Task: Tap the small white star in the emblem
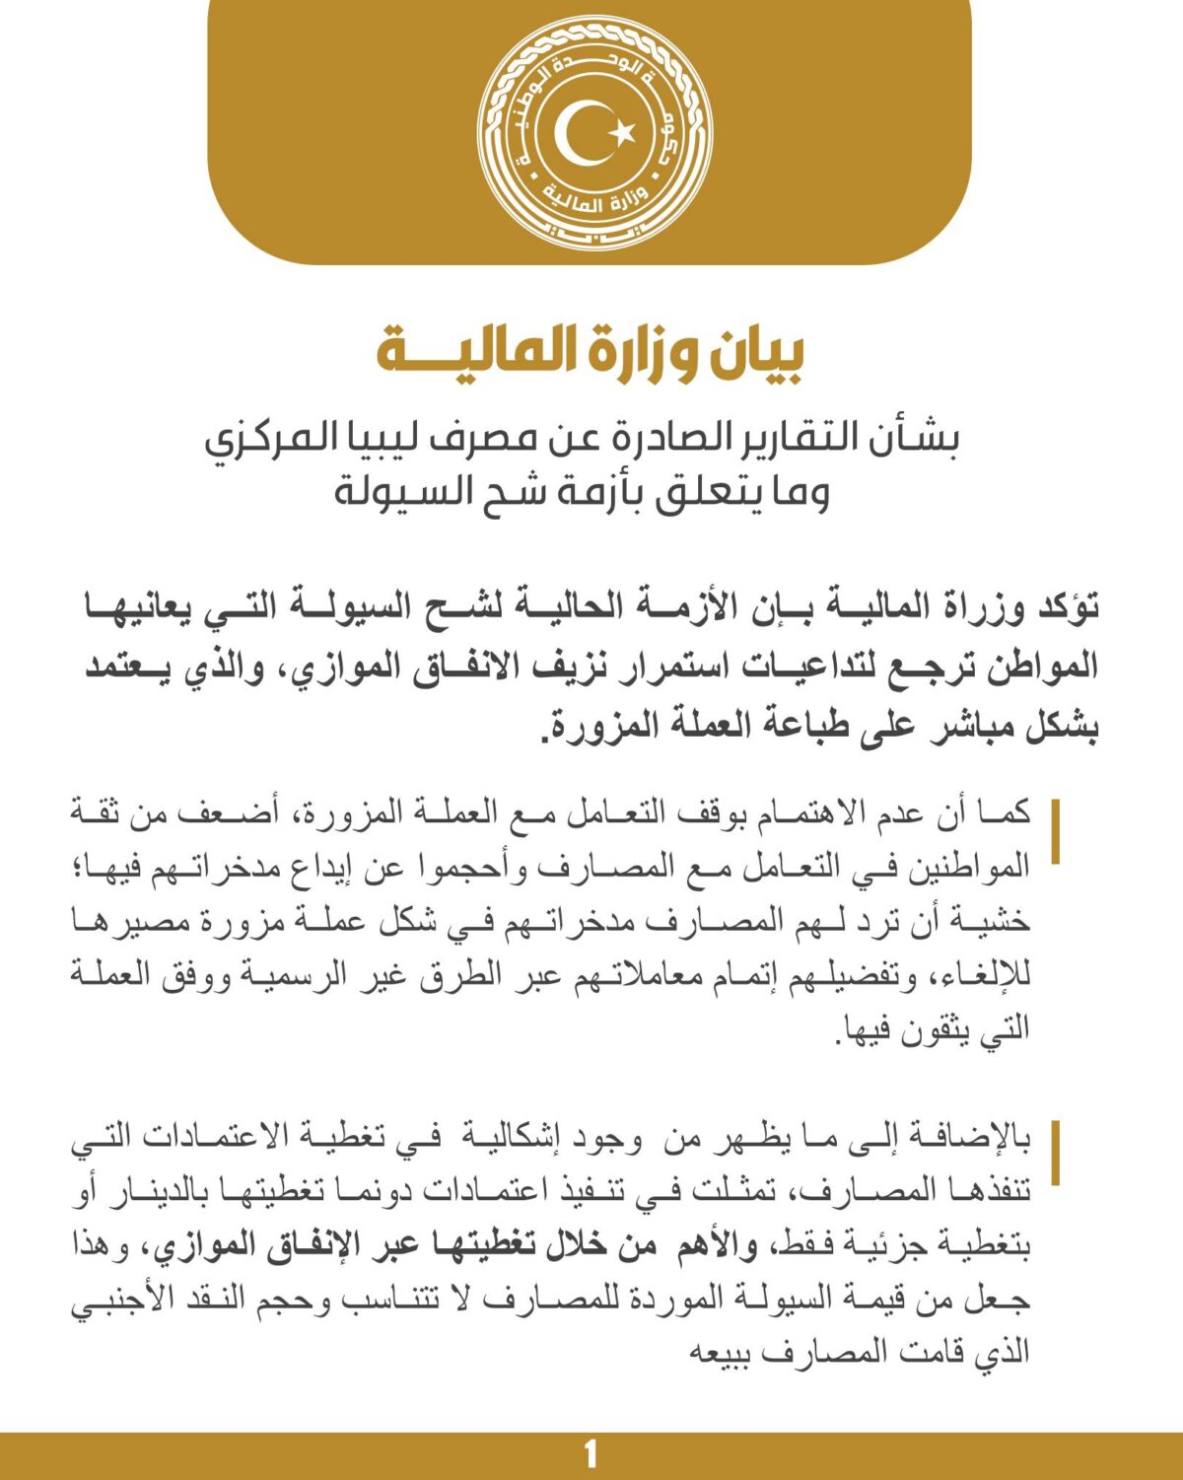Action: pos(621,131)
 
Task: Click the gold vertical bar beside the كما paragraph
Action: pos(1055,832)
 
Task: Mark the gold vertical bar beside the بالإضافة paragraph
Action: pos(1055,1152)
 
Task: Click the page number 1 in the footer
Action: pos(591,1455)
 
